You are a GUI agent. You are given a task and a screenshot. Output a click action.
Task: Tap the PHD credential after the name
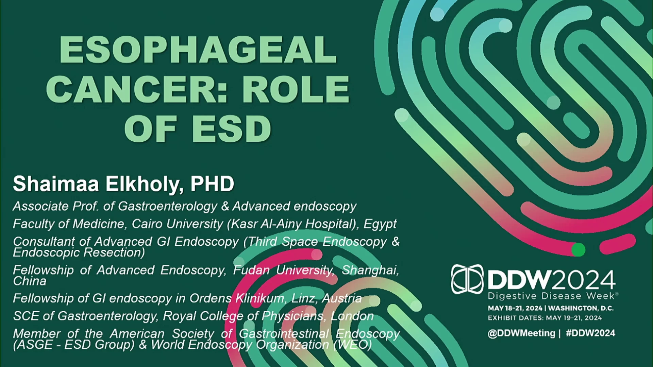point(212,184)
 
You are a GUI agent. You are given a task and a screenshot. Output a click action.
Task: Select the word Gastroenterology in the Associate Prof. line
point(167,206)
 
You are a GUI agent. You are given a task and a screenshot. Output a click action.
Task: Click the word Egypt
point(380,224)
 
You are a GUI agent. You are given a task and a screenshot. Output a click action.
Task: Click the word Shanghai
point(370,270)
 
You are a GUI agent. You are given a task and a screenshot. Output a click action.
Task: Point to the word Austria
point(341,298)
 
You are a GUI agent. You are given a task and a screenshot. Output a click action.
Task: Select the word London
point(352,316)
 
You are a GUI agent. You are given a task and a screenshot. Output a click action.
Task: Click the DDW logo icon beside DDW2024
point(467,279)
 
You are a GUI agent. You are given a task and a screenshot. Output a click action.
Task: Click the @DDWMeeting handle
point(521,333)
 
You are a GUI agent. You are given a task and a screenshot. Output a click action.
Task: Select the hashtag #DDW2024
point(590,333)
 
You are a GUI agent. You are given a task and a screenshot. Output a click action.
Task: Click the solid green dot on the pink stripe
point(578,250)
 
